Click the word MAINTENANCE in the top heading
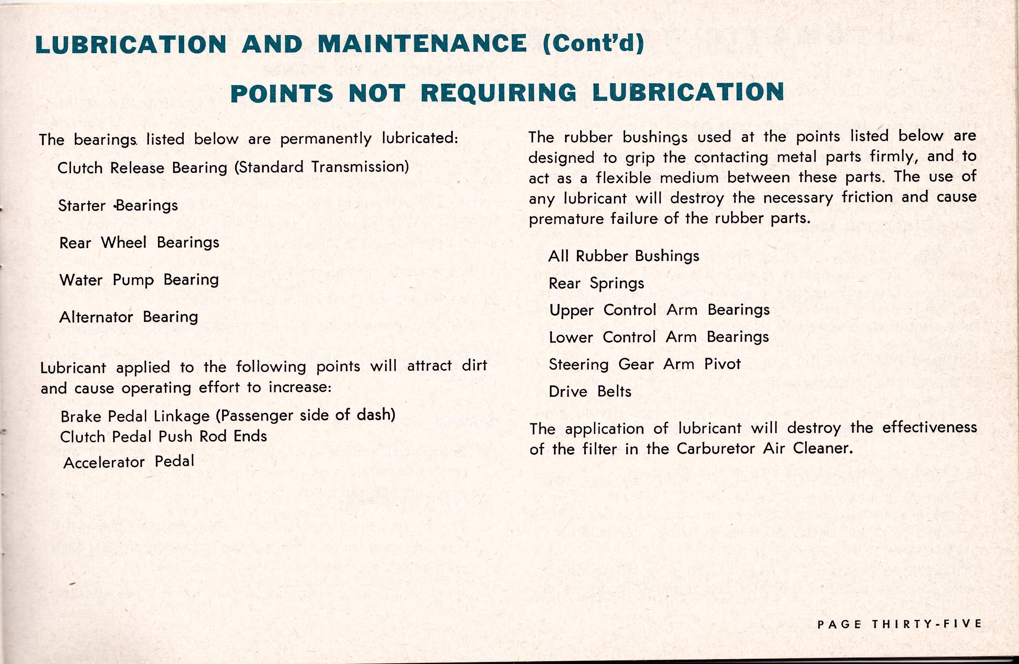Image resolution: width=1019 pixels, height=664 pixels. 422,44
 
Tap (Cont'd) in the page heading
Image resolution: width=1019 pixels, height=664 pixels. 593,44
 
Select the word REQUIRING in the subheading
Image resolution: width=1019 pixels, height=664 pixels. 498,93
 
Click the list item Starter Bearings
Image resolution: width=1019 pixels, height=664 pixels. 118,206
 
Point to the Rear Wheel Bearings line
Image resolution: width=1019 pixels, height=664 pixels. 139,243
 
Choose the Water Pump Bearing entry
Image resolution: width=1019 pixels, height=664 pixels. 139,280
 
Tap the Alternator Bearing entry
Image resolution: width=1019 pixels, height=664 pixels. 129,317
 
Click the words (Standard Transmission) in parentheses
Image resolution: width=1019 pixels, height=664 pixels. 321,167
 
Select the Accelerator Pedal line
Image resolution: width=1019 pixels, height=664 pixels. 129,462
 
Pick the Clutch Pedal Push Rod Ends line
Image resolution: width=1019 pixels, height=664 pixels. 164,436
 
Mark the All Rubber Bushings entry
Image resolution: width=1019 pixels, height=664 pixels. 623,256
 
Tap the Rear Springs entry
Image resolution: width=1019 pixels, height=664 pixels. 596,283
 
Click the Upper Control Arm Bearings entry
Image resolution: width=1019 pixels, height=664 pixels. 659,310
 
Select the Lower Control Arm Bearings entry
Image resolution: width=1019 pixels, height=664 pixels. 659,337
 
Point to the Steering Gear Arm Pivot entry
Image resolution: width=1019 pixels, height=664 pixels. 644,364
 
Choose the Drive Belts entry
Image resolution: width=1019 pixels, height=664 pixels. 590,392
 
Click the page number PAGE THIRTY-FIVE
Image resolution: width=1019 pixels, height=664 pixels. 899,624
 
